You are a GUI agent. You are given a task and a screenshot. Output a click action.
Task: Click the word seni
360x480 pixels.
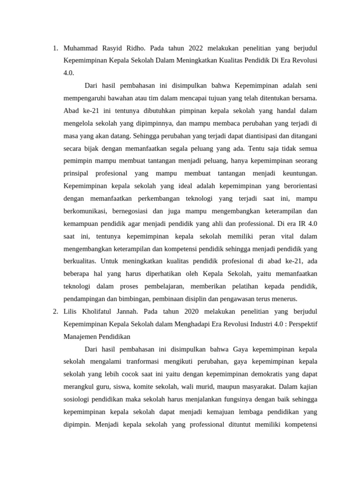pyautogui.click(x=311, y=86)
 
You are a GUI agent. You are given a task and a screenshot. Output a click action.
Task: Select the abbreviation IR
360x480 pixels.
pyautogui.click(x=295, y=224)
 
